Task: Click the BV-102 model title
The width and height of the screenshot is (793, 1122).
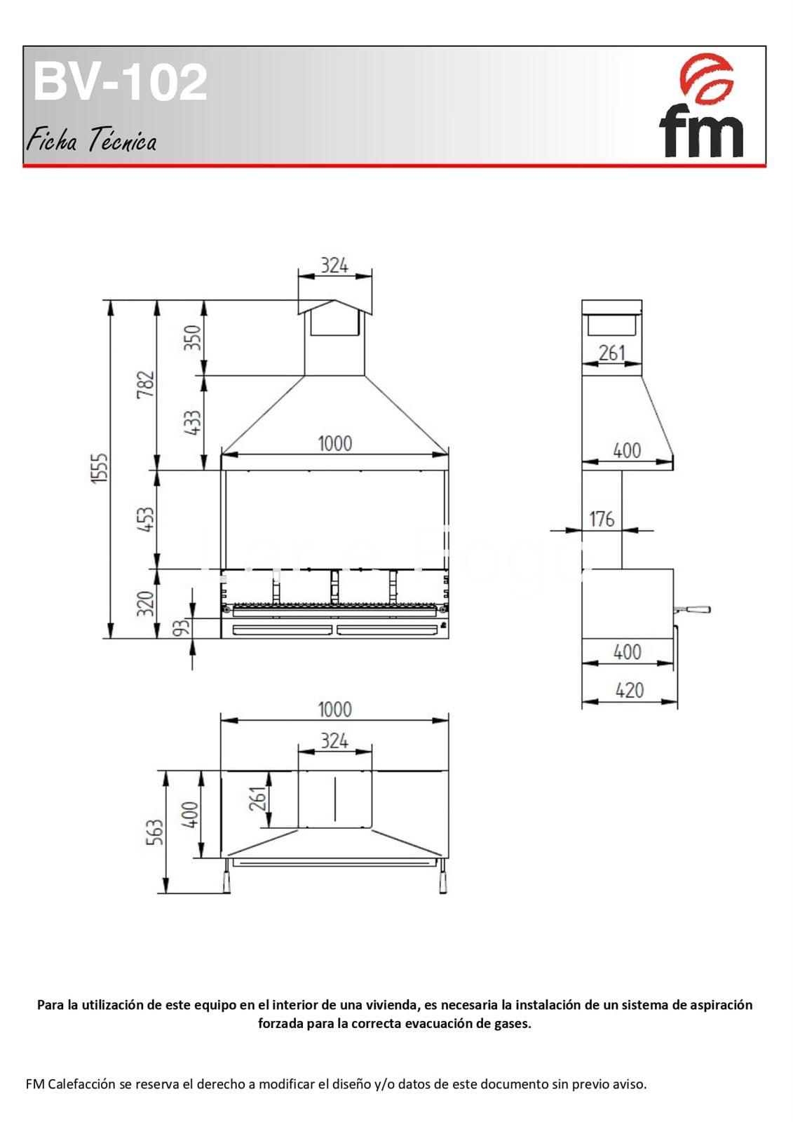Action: (x=120, y=81)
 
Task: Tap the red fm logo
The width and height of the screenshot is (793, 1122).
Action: (x=702, y=106)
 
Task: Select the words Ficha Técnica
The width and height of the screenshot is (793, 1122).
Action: (x=91, y=140)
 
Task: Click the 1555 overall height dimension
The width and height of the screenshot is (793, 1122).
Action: (x=100, y=468)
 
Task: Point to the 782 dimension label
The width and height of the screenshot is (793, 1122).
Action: (x=146, y=384)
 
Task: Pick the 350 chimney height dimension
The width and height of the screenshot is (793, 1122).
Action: (x=193, y=337)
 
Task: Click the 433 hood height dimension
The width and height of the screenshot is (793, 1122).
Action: (x=193, y=422)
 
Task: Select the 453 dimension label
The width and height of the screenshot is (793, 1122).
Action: (x=146, y=520)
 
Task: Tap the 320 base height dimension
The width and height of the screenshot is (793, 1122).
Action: (x=146, y=604)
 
